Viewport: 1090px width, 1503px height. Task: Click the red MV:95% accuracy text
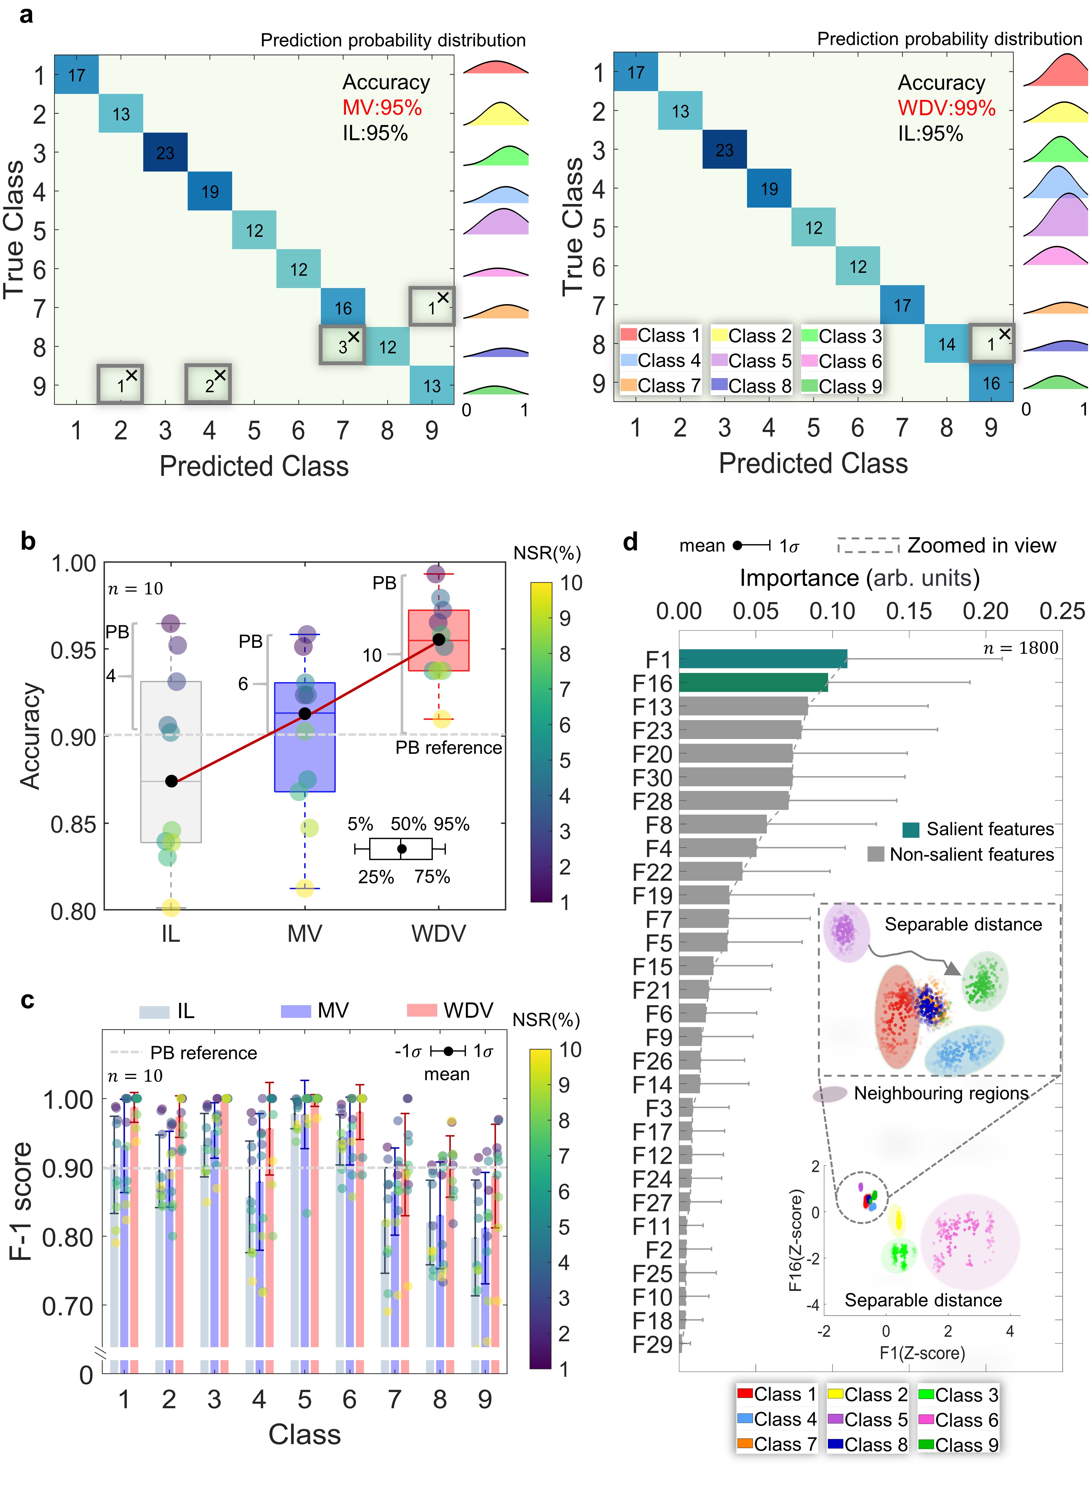pyautogui.click(x=382, y=107)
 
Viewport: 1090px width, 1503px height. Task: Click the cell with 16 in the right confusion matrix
pyautogui.click(x=990, y=383)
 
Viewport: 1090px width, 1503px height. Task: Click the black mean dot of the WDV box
pyautogui.click(x=439, y=639)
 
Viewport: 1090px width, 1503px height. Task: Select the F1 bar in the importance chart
pyautogui.click(x=763, y=659)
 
